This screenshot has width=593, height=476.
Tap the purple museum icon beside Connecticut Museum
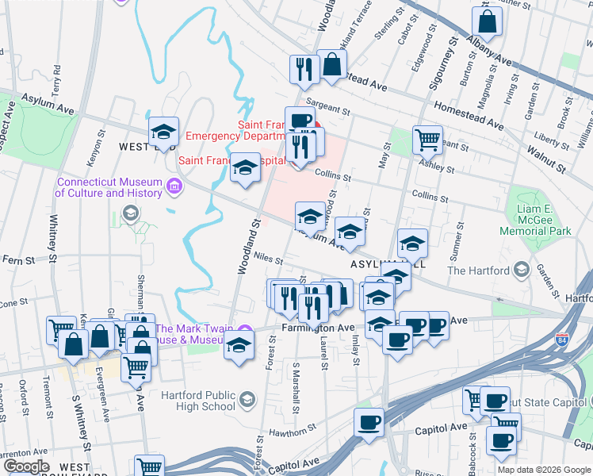pos(175,188)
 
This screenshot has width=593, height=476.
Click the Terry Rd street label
pos(57,78)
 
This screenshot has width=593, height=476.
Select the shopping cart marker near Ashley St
pos(427,140)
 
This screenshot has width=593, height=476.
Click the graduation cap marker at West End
pos(163,132)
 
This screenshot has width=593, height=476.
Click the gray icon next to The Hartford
pos(521,271)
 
